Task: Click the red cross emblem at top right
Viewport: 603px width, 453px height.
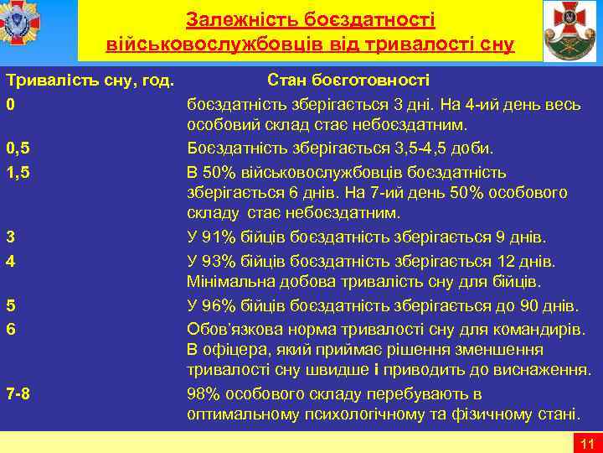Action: [x=570, y=31]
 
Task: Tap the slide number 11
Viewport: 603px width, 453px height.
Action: [x=585, y=444]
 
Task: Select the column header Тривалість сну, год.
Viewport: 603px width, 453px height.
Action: [x=90, y=81]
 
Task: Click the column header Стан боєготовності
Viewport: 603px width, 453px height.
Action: [x=348, y=81]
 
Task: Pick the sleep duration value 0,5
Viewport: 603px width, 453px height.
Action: [x=18, y=148]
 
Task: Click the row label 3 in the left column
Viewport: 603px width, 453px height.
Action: [x=10, y=237]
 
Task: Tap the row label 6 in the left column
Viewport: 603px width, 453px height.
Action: [x=10, y=328]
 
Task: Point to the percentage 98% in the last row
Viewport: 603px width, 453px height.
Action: [x=205, y=393]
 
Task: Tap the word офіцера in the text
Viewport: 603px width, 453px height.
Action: [x=233, y=350]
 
